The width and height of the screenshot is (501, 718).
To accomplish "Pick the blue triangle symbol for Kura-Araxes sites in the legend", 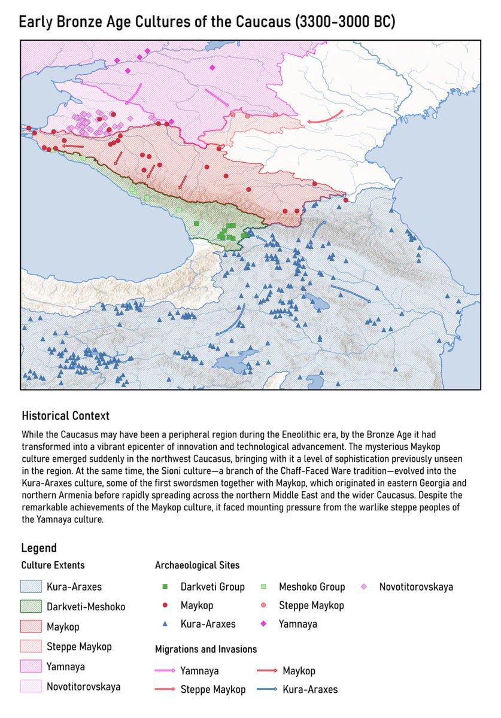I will pyautogui.click(x=165, y=624).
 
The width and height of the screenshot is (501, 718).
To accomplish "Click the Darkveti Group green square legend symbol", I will pyautogui.click(x=165, y=587).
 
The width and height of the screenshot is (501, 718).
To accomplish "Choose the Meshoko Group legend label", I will pyautogui.click(x=312, y=587).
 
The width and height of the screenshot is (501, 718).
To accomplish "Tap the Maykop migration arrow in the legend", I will pyautogui.click(x=268, y=671).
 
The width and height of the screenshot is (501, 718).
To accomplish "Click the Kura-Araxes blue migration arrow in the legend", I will pyautogui.click(x=268, y=690).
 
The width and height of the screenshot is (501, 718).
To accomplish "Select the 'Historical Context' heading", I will pyautogui.click(x=65, y=415).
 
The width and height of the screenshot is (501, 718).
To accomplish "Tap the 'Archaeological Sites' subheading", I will pyautogui.click(x=197, y=565).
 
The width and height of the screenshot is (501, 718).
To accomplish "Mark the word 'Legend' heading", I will pyautogui.click(x=39, y=548).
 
